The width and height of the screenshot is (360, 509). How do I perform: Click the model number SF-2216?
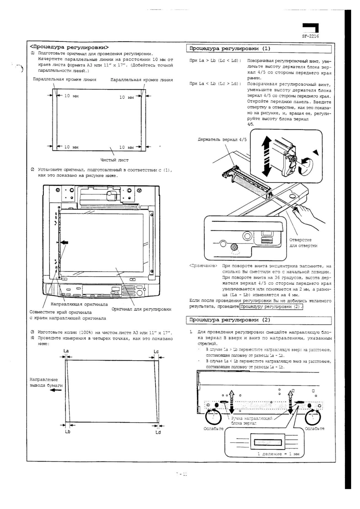pos(310,36)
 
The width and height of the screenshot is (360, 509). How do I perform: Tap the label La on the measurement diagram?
pos(66,351)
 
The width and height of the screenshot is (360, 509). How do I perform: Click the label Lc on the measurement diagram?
pos(156,351)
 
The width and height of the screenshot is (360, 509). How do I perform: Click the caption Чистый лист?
pos(114,160)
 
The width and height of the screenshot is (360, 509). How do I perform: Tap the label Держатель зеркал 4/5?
pos(222,139)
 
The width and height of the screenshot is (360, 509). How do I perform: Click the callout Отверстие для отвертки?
pos(303,242)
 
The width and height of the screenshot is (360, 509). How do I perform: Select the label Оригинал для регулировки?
pos(141,309)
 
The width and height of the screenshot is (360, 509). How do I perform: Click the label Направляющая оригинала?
pos(79,304)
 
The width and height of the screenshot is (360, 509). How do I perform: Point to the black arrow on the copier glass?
pos(64,242)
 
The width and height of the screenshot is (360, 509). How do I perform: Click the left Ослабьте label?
pos(213,429)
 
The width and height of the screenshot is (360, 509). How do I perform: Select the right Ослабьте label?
pos(314,429)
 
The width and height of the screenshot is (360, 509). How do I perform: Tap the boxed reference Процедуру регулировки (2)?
pos(271,307)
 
